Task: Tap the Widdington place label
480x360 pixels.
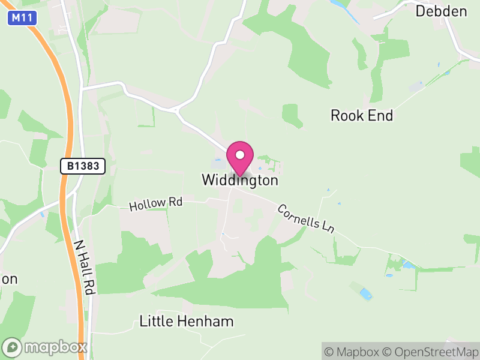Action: pyautogui.click(x=240, y=180)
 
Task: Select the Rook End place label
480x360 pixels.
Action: pyautogui.click(x=362, y=116)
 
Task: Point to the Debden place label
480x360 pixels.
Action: pyautogui.click(x=441, y=11)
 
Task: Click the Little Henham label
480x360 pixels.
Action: pyautogui.click(x=186, y=321)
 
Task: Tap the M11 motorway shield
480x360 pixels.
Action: pyautogui.click(x=23, y=19)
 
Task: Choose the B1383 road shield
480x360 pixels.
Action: pyautogui.click(x=83, y=166)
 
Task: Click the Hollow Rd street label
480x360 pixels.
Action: pyautogui.click(x=155, y=204)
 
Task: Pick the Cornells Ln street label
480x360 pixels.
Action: pyautogui.click(x=305, y=219)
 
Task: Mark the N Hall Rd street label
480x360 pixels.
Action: pyautogui.click(x=85, y=267)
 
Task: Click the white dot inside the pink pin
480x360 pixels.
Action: pyautogui.click(x=240, y=155)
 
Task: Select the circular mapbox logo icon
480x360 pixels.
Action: pyautogui.click(x=13, y=347)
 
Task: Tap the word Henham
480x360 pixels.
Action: pyautogui.click(x=205, y=321)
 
